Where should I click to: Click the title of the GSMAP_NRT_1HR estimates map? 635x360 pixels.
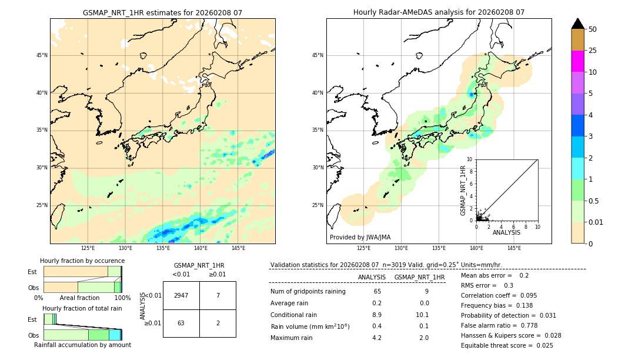click(x=162, y=12)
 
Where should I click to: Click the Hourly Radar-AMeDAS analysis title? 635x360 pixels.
click(x=439, y=12)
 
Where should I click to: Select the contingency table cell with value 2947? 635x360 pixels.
click(x=181, y=295)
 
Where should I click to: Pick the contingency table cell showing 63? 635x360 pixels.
click(x=181, y=323)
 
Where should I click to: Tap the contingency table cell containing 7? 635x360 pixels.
click(x=218, y=295)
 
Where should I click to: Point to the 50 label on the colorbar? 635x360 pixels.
click(x=593, y=29)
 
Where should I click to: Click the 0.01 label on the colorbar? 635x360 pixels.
click(x=596, y=222)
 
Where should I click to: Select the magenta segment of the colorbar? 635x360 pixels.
click(x=577, y=61)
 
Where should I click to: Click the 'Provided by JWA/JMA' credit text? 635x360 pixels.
click(x=360, y=237)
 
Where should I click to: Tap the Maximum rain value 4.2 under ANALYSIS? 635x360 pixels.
click(x=376, y=338)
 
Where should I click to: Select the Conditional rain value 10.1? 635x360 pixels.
click(x=419, y=315)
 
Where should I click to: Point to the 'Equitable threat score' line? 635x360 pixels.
click(x=507, y=345)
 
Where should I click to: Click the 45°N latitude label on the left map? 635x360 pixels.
click(x=42, y=55)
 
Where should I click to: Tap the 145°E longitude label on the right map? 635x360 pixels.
click(x=514, y=248)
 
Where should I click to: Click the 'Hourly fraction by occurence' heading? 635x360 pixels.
click(x=82, y=261)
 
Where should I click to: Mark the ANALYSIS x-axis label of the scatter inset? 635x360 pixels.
click(x=506, y=232)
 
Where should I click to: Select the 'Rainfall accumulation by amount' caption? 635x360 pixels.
click(x=82, y=345)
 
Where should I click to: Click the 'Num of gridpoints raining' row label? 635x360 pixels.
click(x=308, y=291)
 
